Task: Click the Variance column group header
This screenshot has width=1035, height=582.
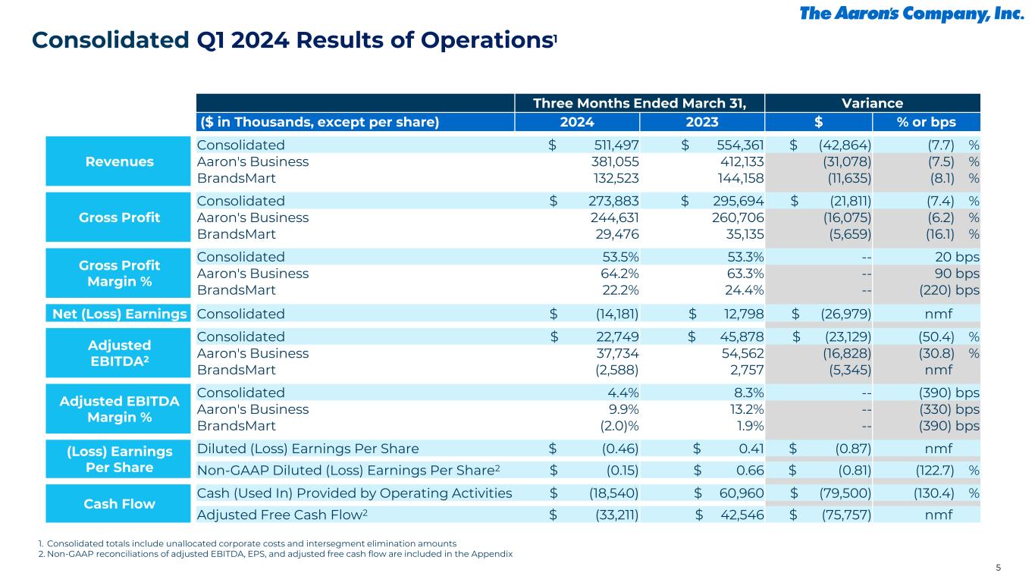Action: pyautogui.click(x=873, y=103)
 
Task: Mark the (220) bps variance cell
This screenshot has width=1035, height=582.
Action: pyautogui.click(x=948, y=289)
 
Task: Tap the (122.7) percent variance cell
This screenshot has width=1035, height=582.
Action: pyautogui.click(x=936, y=471)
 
